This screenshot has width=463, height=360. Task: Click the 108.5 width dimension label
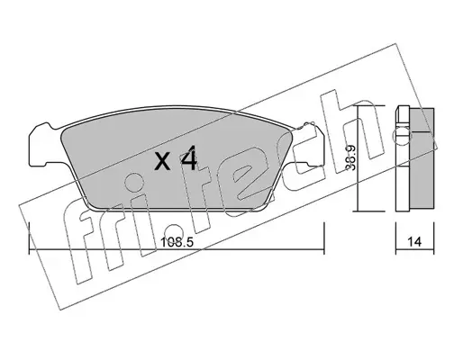coord(177,242)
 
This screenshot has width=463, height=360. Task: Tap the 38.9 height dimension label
coord(350,157)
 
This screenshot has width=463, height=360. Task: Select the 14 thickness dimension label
coord(414,242)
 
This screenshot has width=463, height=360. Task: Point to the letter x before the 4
coord(162,162)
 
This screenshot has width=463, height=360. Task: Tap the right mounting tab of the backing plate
coord(309,144)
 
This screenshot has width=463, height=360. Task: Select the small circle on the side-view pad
coord(402,135)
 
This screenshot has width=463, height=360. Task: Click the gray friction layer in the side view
coord(422,158)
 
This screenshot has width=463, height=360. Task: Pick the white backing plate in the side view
coord(403,158)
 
